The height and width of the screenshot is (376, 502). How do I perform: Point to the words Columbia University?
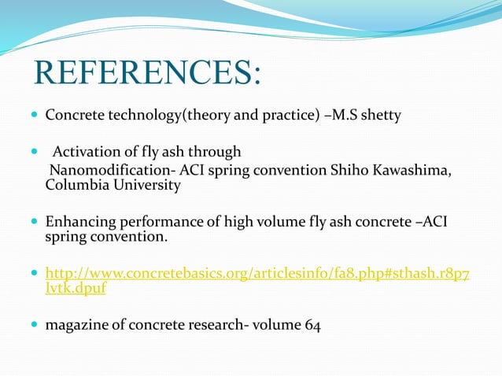[x=113, y=186]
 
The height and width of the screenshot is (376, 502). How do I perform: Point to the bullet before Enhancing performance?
[x=33, y=223]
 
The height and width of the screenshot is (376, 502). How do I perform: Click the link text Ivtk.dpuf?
[x=75, y=288]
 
